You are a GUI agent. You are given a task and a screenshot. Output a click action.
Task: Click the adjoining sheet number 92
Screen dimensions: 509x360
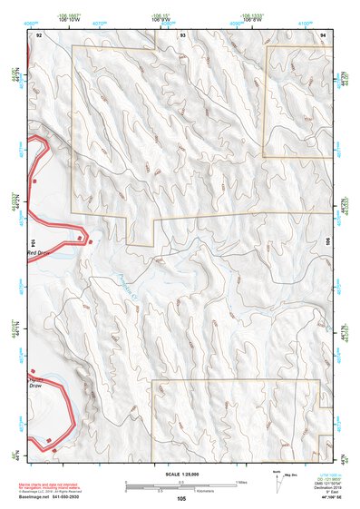click(x=39, y=34)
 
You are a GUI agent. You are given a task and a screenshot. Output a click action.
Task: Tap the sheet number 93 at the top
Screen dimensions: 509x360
click(x=183, y=34)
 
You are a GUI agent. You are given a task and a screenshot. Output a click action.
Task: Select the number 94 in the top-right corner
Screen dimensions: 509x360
click(x=322, y=34)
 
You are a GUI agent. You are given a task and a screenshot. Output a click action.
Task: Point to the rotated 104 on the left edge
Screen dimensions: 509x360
click(x=32, y=242)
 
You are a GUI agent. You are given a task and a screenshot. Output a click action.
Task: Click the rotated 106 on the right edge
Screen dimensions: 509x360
click(x=327, y=242)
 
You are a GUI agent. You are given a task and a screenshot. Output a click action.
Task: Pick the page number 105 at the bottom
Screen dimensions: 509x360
click(x=181, y=499)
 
